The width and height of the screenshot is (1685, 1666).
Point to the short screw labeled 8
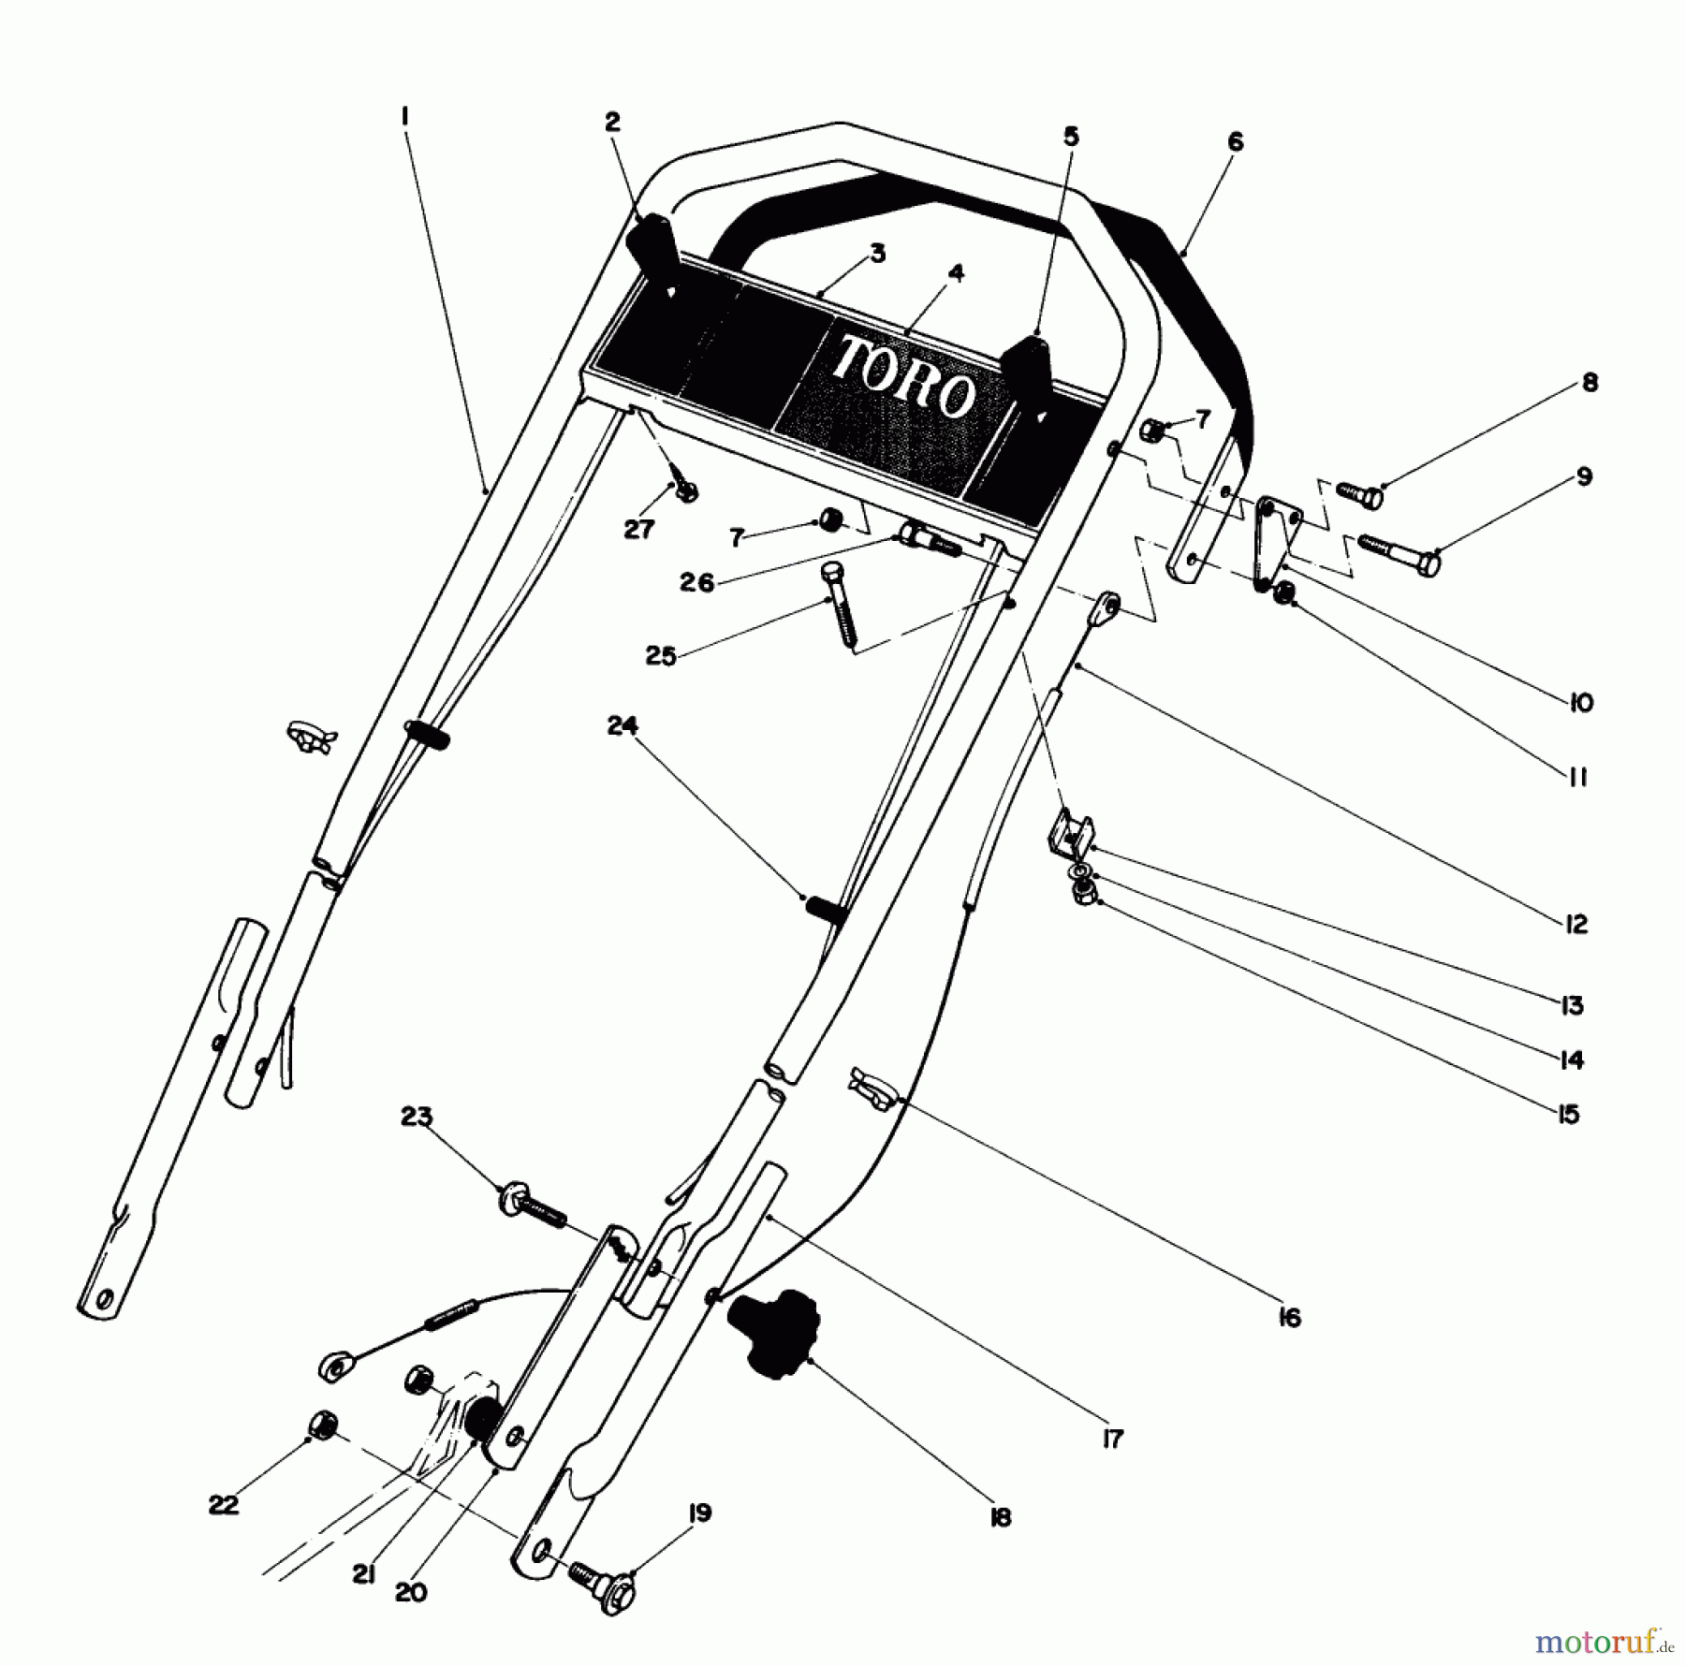(x=1358, y=494)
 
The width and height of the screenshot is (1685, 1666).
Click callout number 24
(x=623, y=725)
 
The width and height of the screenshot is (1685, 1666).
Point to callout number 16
(x=1289, y=1318)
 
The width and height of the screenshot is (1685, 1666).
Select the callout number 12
(x=1575, y=924)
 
